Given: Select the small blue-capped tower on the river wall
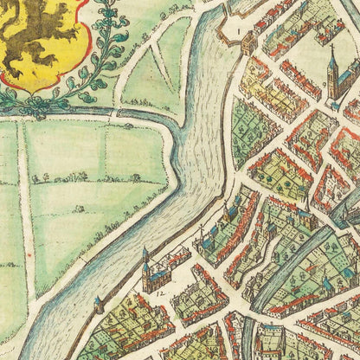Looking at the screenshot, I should (99, 304).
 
